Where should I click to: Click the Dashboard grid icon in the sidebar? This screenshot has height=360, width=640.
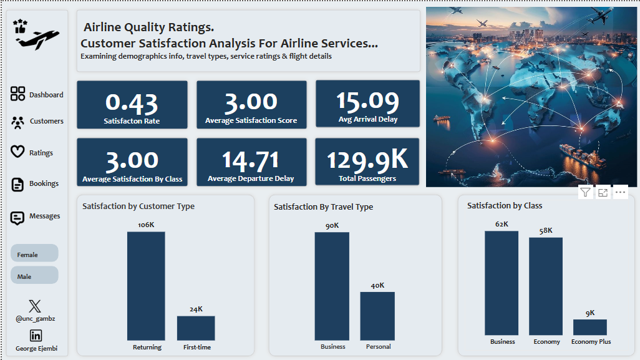coord(17,94)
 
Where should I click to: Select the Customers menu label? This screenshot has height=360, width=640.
coord(47,121)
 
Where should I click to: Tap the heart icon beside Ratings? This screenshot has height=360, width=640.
coord(17,152)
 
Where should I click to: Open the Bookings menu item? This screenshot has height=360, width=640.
coord(44,183)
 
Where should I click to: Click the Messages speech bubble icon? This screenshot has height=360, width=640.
coord(17,218)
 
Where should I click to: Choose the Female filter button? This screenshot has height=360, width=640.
coord(34,253)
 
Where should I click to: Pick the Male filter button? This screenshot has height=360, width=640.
coord(34,275)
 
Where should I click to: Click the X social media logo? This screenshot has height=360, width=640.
coord(35,306)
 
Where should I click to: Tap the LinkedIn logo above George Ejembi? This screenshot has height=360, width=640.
coord(36,336)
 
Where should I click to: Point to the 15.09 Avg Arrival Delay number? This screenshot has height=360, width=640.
coord(368,101)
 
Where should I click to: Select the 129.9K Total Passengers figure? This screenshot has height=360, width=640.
coord(367,159)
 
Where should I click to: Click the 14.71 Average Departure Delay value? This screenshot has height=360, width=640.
coord(251,160)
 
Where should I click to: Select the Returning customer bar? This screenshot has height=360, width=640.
coord(146,286)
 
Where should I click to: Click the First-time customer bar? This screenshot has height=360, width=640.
coord(196,328)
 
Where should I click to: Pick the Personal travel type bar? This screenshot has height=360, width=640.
coord(377,316)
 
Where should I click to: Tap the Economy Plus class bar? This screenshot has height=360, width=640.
coord(590,328)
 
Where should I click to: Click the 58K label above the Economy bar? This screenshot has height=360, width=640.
coord(546,231)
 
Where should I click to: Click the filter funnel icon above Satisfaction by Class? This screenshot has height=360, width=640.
coord(585,192)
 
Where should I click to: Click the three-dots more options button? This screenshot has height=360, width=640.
coord(621,192)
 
